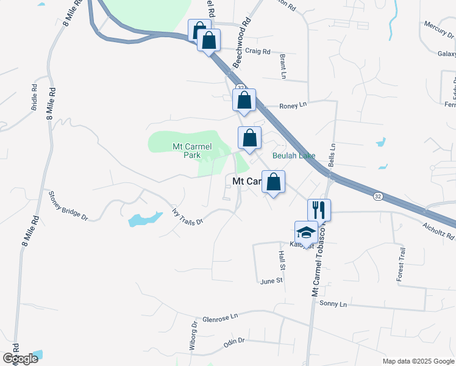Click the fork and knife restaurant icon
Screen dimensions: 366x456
pos(319,210)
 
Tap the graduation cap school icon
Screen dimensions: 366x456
pos(306,232)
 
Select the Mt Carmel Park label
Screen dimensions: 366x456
pos(187,151)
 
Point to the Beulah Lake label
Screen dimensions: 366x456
pos(294,156)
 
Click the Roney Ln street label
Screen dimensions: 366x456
pos(293,106)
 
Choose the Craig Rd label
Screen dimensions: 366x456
pos(257,52)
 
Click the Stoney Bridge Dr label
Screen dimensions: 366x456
pos(68,206)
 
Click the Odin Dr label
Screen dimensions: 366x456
pos(233,342)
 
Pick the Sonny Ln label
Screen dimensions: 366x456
pos(333,304)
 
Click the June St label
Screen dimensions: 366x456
pos(271,281)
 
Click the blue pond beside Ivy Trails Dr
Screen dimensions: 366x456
pos(145,218)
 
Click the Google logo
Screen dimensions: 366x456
pos(21,359)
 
